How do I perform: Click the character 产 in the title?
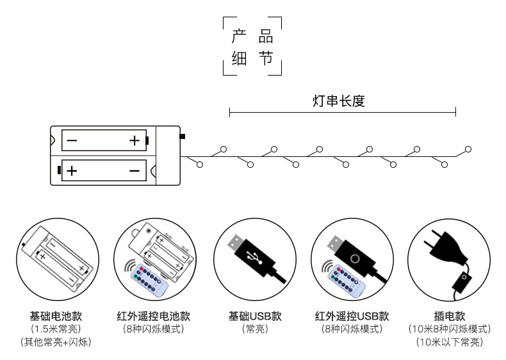pos(238,37)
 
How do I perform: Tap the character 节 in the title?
pos(266,60)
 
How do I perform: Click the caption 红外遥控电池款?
pos(153,316)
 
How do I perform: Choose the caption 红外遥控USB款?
pos(352,316)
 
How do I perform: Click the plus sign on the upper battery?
pos(134,140)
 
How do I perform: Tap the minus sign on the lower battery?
pos(134,171)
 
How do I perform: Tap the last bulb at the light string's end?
pos(468,149)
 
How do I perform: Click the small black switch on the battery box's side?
pos(183,136)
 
